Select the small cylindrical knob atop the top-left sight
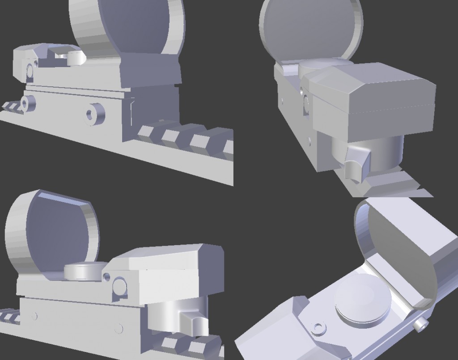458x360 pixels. click(76, 57)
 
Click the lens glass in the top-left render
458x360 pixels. click(134, 25)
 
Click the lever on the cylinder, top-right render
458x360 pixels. click(356, 163)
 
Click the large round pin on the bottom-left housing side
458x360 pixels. click(119, 285)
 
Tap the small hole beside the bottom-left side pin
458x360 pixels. click(106, 277)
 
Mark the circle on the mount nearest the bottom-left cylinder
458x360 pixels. click(119, 329)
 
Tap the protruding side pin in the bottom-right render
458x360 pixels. click(421, 324)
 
